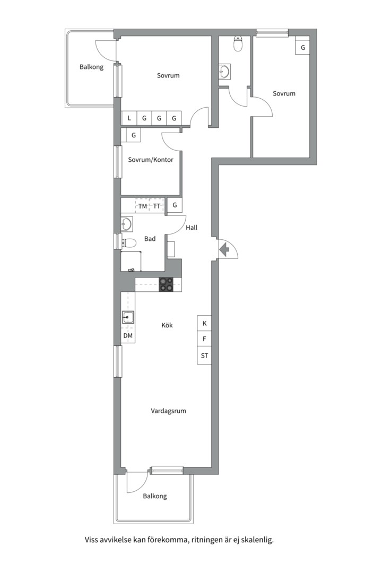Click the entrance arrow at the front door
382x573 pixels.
[x=224, y=249]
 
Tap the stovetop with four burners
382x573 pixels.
[x=166, y=285]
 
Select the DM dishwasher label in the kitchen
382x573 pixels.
[x=128, y=335]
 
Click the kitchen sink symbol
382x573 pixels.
[x=128, y=317]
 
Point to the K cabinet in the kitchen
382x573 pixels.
[x=204, y=324]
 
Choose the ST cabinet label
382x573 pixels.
[x=204, y=355]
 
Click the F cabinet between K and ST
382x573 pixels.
[x=204, y=339]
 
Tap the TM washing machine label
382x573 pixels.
[x=143, y=206]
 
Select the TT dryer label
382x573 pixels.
[x=157, y=206]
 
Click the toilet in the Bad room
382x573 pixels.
[x=129, y=242]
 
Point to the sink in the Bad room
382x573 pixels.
[x=127, y=224]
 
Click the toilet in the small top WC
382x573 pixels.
[x=238, y=44]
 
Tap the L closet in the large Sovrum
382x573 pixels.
[x=129, y=118]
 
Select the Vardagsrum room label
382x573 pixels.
[x=169, y=411]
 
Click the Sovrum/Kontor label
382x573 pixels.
[x=151, y=160]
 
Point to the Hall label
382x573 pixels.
[x=192, y=227]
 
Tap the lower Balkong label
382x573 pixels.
[x=154, y=496]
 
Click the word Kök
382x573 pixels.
[x=167, y=325]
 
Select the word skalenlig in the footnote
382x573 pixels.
[x=258, y=540]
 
